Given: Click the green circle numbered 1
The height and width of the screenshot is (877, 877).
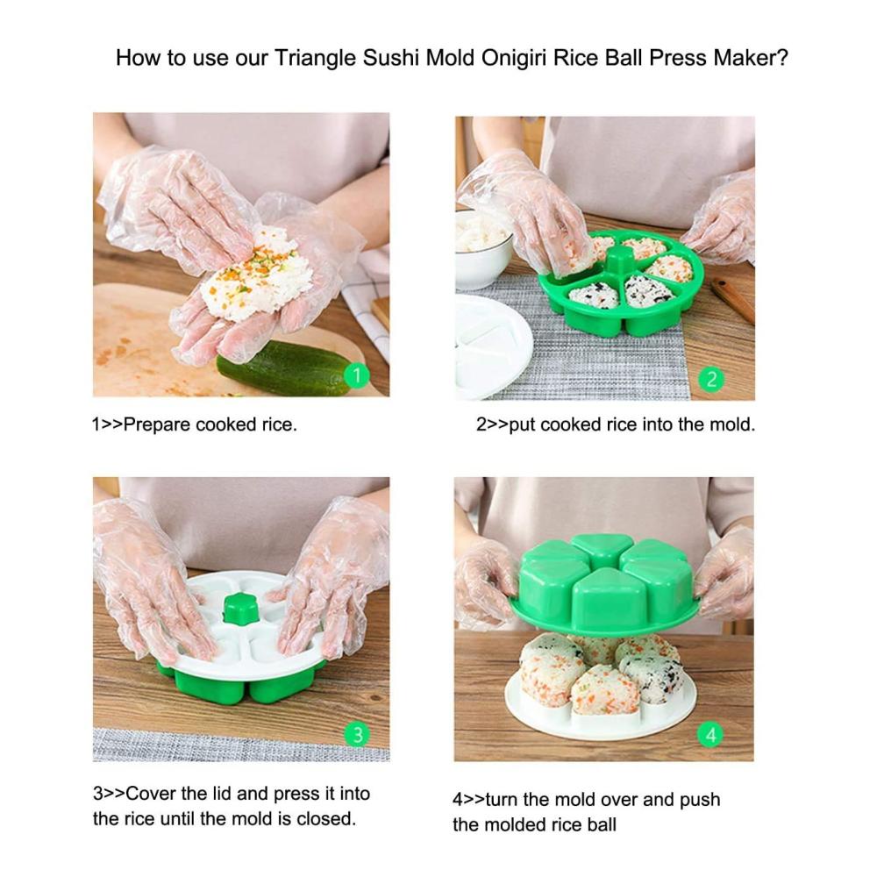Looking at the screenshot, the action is point(356,375).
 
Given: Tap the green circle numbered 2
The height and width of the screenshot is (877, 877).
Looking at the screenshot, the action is point(711,380).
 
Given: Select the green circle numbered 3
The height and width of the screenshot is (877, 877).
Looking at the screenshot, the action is point(357,734).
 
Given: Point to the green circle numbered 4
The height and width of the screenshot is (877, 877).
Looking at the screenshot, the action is point(710,734).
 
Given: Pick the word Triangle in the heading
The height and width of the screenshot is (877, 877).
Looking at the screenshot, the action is point(315,58).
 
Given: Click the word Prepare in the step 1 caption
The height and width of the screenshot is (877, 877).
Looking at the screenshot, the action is point(157,425).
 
